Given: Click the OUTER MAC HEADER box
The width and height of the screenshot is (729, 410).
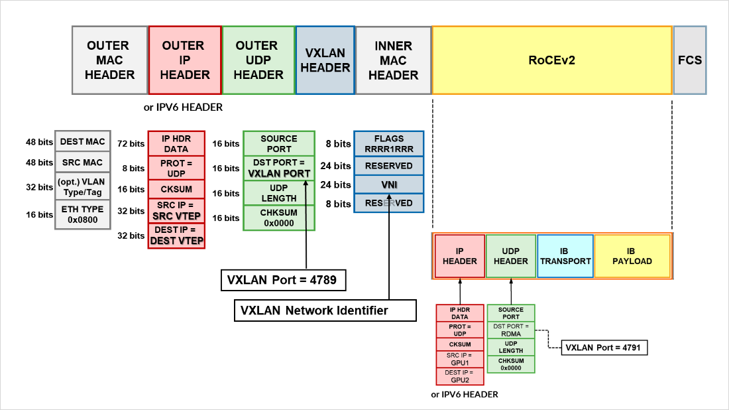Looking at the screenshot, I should (x=109, y=60).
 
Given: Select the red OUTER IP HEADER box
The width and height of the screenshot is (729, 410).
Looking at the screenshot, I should (x=185, y=60).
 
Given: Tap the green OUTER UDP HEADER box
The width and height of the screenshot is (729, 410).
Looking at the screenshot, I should (x=258, y=60).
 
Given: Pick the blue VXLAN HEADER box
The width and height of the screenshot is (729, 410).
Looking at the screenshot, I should (x=325, y=60).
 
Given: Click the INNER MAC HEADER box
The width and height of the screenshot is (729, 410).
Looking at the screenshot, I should (x=393, y=60).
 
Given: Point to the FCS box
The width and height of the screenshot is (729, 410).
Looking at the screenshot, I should (x=690, y=60).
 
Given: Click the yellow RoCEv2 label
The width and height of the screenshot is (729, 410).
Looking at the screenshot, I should (x=551, y=60).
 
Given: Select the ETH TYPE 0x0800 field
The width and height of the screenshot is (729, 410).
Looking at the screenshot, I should (x=82, y=215).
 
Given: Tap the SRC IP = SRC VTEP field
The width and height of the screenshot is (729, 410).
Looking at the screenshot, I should (x=176, y=211).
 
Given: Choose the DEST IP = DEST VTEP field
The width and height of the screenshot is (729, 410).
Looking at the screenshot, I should (x=176, y=236).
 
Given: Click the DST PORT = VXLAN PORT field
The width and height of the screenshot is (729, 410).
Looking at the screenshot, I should (x=279, y=169).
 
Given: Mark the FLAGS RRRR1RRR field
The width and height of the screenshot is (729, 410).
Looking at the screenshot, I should (x=388, y=144).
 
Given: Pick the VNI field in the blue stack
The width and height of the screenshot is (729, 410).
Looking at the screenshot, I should (x=388, y=184).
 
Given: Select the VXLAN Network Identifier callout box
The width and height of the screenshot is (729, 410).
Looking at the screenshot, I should (x=325, y=310).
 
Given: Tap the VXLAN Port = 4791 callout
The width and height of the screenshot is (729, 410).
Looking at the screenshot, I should (x=604, y=347).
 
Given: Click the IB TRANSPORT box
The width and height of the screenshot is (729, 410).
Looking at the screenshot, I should (x=565, y=257).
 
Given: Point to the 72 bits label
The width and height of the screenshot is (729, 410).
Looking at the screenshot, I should (x=131, y=144).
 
